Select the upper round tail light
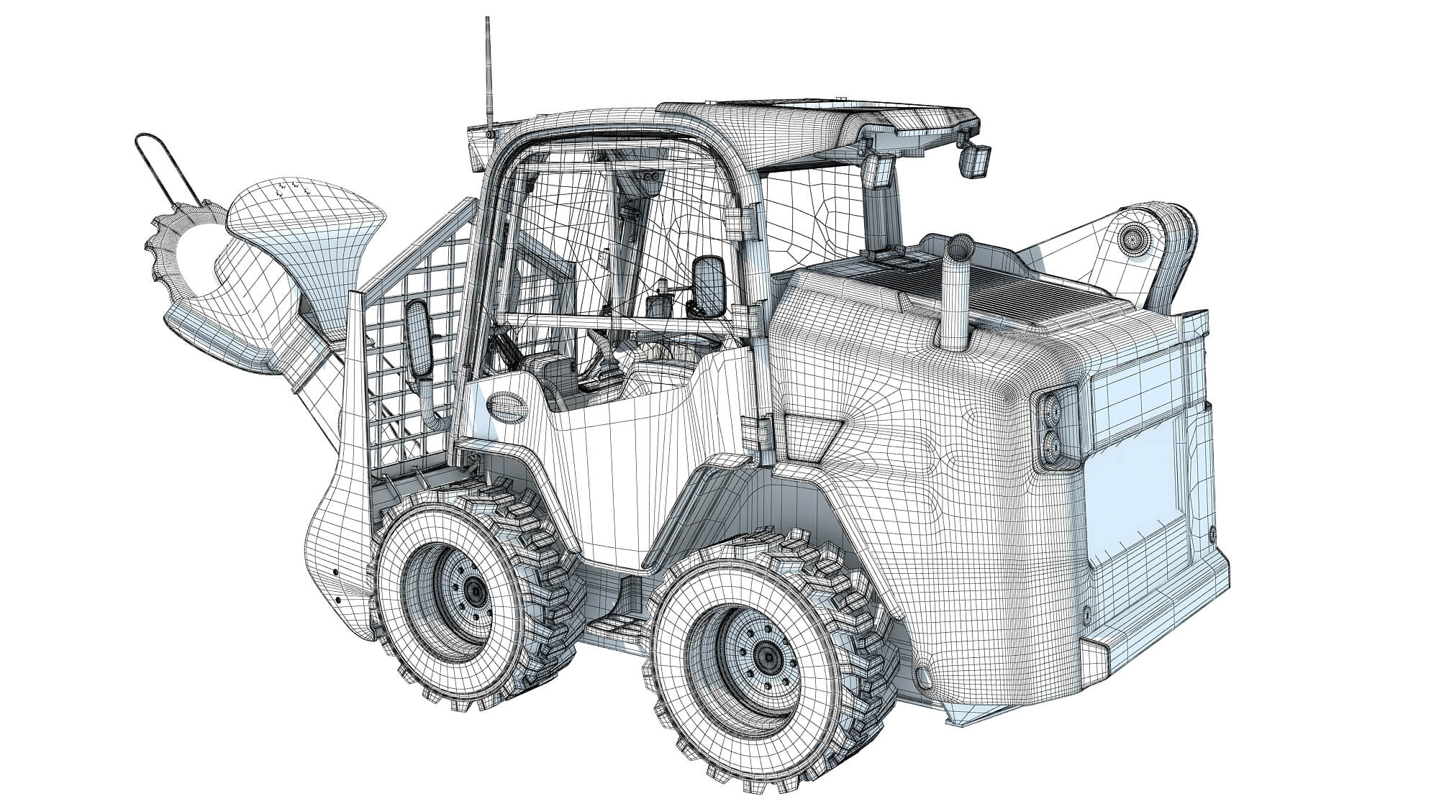coord(1048,411)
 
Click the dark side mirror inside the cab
coord(707,285)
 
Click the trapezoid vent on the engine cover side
coord(812,435)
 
